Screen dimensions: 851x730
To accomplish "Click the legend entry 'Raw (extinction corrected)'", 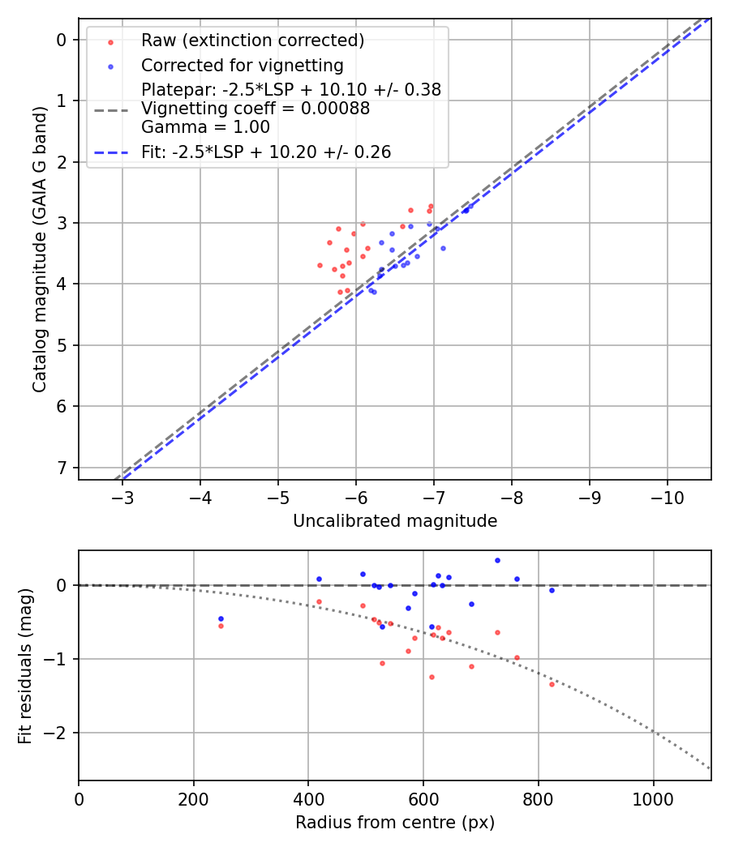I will (x=252, y=41).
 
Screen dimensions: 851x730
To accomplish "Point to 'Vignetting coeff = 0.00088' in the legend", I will (x=255, y=109).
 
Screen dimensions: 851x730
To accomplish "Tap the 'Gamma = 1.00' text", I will (x=205, y=127).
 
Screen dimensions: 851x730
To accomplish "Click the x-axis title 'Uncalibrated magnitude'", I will (x=395, y=521).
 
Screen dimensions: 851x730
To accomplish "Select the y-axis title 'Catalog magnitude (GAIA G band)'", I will (x=41, y=253).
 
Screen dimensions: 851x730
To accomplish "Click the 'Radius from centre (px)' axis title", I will (x=395, y=823).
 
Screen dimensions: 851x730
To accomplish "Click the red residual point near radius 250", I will (x=221, y=626).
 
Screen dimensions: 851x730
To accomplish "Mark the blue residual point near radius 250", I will (x=221, y=618).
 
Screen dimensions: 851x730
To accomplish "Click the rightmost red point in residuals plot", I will (x=552, y=684).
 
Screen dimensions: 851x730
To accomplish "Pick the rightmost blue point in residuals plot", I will (x=552, y=590).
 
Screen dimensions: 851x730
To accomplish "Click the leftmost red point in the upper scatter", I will (x=320, y=265).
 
